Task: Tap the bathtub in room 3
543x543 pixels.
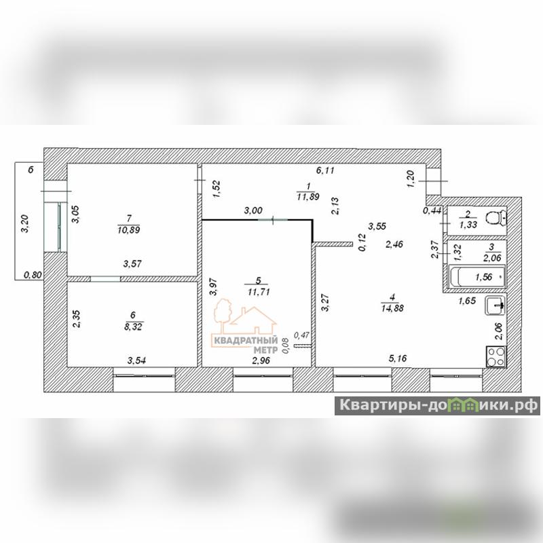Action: click(479, 277)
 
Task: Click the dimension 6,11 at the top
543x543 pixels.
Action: click(328, 171)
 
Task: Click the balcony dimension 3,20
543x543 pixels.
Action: click(24, 223)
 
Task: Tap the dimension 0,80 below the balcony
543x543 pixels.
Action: click(32, 275)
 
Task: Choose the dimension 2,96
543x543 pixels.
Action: click(262, 360)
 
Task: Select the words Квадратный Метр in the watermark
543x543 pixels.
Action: click(246, 344)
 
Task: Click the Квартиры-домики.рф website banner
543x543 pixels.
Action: click(438, 405)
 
